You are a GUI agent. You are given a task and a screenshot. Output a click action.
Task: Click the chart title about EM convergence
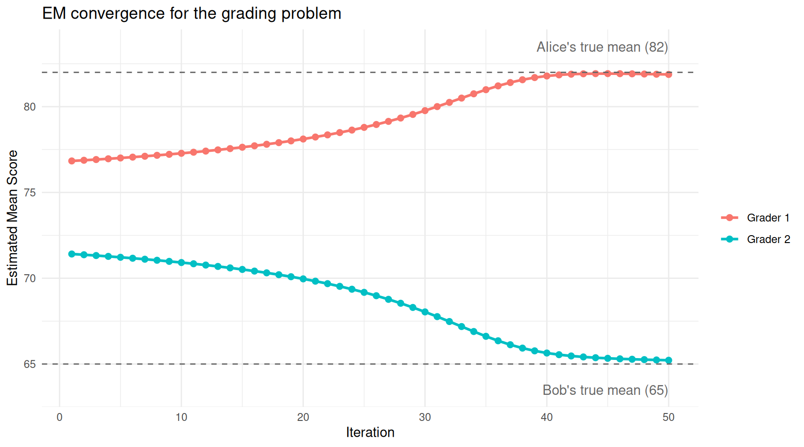point(192,14)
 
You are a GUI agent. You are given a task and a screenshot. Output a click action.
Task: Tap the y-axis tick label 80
point(30,107)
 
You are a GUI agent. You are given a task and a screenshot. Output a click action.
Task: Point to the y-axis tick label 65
point(30,364)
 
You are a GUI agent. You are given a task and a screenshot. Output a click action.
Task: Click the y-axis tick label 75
point(30,193)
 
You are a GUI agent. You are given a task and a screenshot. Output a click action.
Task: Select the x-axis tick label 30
point(425,417)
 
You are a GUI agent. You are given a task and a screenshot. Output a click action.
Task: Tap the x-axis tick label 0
point(60,417)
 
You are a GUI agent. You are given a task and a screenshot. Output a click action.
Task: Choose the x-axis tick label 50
point(668,417)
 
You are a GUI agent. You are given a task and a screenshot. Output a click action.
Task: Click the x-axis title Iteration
point(370,433)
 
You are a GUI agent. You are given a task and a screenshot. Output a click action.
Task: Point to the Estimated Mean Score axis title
point(13,218)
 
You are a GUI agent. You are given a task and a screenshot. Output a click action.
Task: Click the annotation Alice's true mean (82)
point(602,47)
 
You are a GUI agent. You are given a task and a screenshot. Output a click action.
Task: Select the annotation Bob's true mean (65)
point(605,390)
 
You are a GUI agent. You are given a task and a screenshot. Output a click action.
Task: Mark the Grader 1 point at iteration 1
point(72,161)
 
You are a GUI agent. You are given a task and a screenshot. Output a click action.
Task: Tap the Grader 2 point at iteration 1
point(72,254)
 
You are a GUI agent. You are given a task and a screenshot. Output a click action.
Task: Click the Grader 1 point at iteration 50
point(669,74)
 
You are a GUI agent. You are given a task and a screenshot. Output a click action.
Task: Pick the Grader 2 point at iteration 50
point(669,360)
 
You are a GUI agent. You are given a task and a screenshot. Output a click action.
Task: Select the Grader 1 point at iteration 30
point(425,111)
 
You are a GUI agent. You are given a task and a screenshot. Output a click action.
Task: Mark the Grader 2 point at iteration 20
point(303,279)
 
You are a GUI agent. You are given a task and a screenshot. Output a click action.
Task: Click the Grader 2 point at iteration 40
point(547,353)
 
